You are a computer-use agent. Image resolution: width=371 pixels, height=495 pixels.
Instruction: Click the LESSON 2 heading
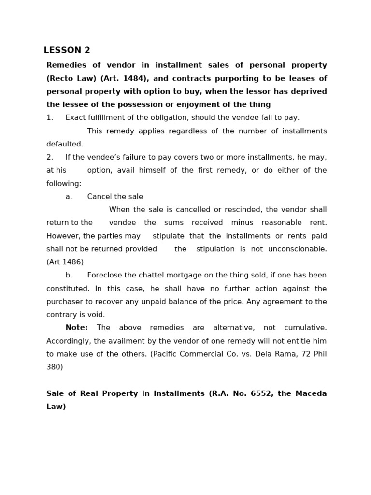pyautogui.click(x=67, y=50)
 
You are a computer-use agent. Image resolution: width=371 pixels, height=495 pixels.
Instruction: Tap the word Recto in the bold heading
pyautogui.click(x=60, y=78)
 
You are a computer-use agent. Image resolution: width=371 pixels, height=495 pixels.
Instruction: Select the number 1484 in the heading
pyautogui.click(x=134, y=78)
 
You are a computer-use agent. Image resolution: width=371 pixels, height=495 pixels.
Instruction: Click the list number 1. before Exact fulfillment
pyautogui.click(x=50, y=117)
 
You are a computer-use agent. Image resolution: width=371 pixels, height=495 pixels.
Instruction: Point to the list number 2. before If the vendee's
pyautogui.click(x=50, y=157)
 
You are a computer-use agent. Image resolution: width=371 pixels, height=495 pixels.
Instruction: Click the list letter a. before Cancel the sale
pyautogui.click(x=69, y=196)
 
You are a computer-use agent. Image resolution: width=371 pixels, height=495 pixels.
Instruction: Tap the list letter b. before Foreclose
pyautogui.click(x=69, y=275)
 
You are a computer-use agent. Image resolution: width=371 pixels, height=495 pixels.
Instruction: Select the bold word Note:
pyautogui.click(x=76, y=328)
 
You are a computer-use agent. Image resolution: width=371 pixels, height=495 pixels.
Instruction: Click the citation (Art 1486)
pyautogui.click(x=65, y=262)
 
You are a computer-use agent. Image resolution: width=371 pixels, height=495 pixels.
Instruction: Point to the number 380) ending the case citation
pyautogui.click(x=55, y=367)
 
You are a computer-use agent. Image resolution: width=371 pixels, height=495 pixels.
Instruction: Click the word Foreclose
pyautogui.click(x=104, y=275)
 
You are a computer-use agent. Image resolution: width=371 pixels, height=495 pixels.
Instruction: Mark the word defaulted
pyautogui.click(x=65, y=144)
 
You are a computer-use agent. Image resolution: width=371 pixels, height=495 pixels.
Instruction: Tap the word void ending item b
pyautogui.click(x=96, y=315)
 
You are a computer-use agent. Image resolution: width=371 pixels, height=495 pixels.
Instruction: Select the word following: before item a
pyautogui.click(x=64, y=184)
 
